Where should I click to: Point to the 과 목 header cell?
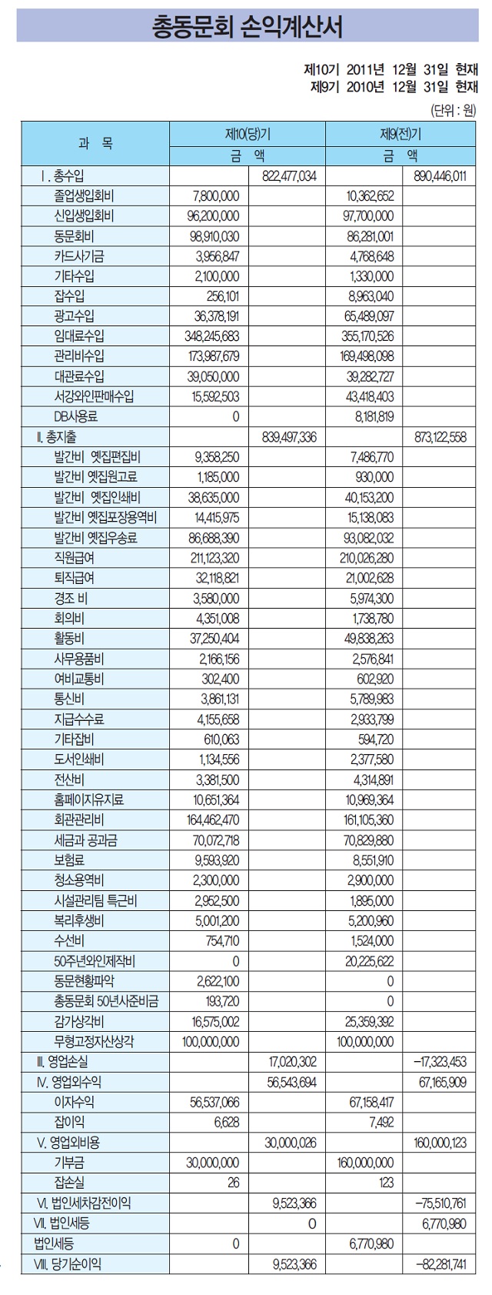[x=95, y=144]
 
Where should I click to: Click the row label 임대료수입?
[x=80, y=335]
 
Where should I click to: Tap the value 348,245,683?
[x=214, y=335]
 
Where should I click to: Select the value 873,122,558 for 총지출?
[x=440, y=436]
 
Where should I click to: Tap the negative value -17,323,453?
[x=440, y=1061]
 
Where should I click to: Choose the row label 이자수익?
[x=75, y=1102]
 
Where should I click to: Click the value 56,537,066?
[x=214, y=1102]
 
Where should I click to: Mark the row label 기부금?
[x=69, y=1162]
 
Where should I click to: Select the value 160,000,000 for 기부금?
[x=365, y=1162]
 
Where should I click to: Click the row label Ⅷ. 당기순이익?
[x=68, y=1263]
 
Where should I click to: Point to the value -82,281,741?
[x=440, y=1263]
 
